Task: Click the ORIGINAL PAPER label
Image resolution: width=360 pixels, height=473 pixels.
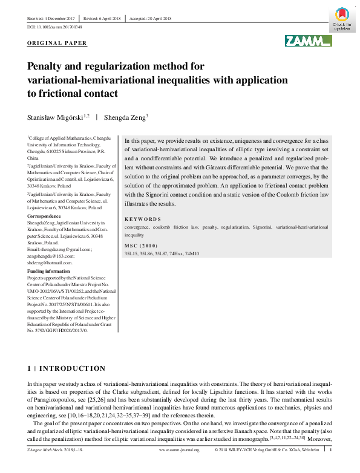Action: tap(57, 44)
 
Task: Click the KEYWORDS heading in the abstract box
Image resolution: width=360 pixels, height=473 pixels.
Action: tap(143, 219)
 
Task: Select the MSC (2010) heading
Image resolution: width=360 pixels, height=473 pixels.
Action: tap(140, 246)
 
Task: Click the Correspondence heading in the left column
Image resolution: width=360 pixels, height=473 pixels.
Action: tap(46, 216)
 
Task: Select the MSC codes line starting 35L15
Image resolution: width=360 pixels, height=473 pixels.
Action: tap(161, 254)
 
